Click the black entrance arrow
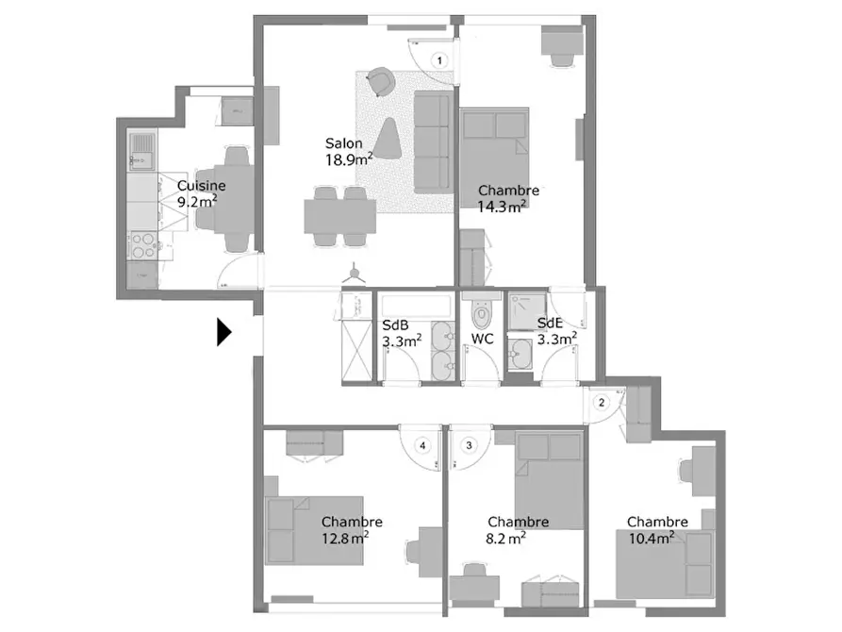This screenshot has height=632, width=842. [x=223, y=332]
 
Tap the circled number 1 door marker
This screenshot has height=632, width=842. [x=439, y=60]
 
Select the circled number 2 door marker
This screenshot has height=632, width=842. [x=602, y=402]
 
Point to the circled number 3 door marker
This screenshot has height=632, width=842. [x=470, y=445]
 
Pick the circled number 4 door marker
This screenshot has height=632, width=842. [x=422, y=445]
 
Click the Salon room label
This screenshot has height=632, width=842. [x=343, y=143]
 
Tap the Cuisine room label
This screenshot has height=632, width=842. [x=202, y=186]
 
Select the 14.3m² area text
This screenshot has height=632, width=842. [x=502, y=207]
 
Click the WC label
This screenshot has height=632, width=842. [x=482, y=339]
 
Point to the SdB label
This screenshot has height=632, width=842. [x=395, y=325]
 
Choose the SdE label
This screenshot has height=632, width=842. [x=550, y=323]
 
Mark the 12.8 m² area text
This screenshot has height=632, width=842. [x=345, y=538]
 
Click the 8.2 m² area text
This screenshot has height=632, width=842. [x=505, y=538]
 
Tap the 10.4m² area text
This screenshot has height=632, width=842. [x=652, y=538]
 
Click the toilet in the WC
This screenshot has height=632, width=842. [x=482, y=311]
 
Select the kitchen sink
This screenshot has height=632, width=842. [x=141, y=151]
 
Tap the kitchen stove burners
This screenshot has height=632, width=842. [x=143, y=244]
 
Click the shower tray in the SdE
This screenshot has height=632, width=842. [x=527, y=311]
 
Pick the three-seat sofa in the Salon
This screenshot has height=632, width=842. [x=433, y=141]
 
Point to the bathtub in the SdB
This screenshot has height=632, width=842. [x=416, y=306]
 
